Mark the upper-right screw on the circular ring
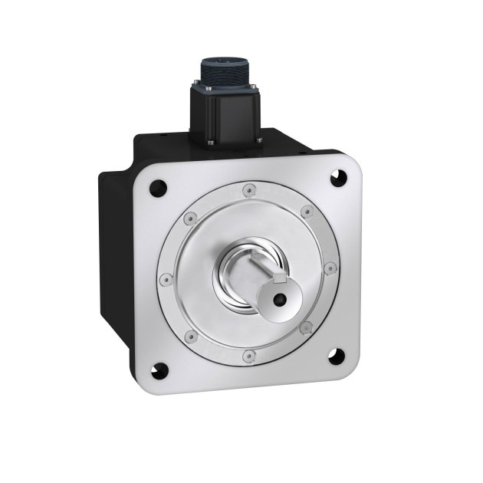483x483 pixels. pyautogui.click(x=304, y=209)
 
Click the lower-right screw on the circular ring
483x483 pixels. pyautogui.click(x=307, y=327)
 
